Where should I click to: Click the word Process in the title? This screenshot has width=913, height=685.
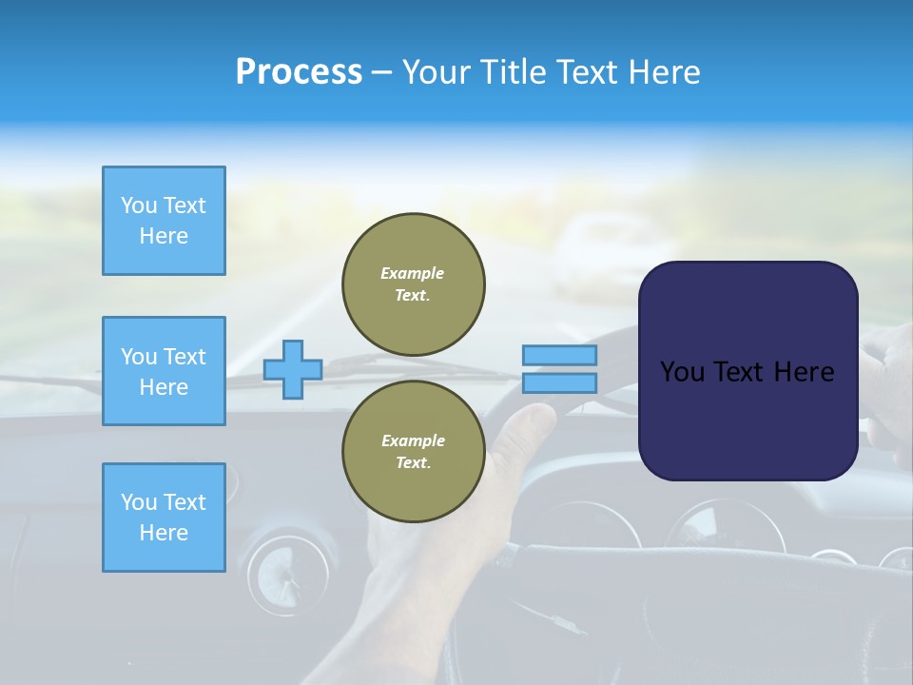tap(299, 72)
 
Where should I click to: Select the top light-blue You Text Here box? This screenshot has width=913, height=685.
tap(164, 221)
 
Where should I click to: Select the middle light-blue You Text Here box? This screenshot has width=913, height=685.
tap(164, 371)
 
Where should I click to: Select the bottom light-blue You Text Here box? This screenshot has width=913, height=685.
tap(164, 518)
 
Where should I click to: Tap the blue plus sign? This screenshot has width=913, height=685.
tap(293, 369)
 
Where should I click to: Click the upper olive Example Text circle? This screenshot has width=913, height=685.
tap(414, 284)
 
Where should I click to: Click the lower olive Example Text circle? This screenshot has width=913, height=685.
tap(414, 452)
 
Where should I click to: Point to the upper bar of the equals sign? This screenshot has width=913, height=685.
tap(559, 355)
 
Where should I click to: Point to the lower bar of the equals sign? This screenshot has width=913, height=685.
tap(559, 382)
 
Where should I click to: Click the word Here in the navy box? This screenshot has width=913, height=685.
tap(804, 372)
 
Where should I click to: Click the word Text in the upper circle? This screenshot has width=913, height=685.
tap(414, 296)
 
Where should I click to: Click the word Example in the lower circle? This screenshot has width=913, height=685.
tap(413, 440)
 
